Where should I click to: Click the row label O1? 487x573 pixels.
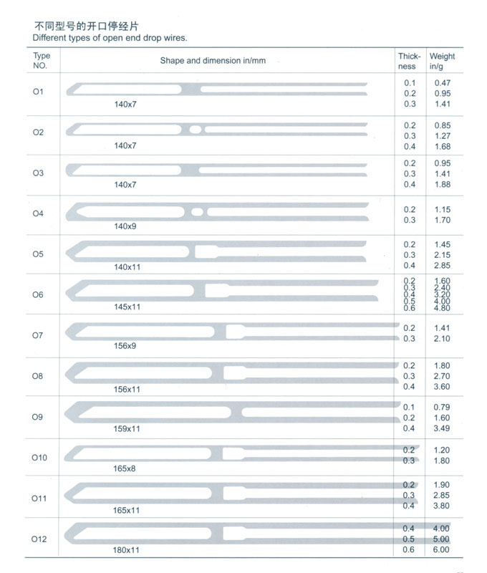click(x=38, y=92)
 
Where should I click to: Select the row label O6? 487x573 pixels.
click(x=38, y=294)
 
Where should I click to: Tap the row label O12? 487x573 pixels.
click(x=39, y=538)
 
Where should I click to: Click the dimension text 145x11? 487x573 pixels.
click(x=127, y=307)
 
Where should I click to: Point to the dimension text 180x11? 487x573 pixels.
click(x=127, y=550)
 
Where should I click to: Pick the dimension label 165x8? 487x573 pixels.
click(x=125, y=468)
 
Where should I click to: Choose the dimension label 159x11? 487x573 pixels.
click(x=127, y=428)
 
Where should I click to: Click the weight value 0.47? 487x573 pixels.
click(x=442, y=83)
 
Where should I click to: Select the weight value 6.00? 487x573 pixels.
click(x=442, y=549)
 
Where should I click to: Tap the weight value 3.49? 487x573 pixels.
click(x=442, y=428)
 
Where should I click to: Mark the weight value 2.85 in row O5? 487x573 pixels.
click(x=442, y=265)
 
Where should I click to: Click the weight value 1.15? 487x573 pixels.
click(x=442, y=209)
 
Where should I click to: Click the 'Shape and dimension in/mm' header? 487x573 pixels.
click(x=213, y=61)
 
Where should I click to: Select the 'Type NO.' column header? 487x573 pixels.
click(x=42, y=61)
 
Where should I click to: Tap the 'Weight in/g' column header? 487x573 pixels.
click(x=441, y=61)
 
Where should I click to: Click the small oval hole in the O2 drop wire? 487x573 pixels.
click(x=196, y=130)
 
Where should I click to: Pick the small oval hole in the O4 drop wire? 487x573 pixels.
click(x=198, y=211)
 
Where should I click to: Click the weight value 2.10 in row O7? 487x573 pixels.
click(x=442, y=339)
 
